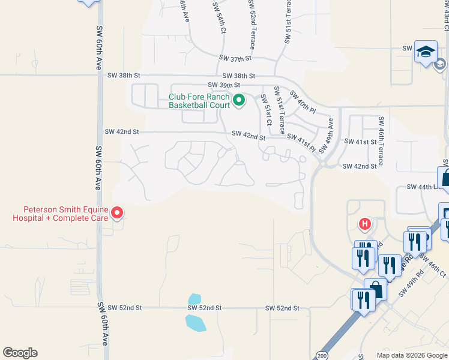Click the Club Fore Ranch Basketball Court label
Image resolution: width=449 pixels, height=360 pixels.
pos(199,101)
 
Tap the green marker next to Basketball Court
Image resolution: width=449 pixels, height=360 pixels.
pos(239,100)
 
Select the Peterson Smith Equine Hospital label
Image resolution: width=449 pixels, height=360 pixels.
pos(61,214)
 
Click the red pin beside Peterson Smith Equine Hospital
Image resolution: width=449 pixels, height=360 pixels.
pos(118,212)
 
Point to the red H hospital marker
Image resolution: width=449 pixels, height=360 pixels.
pos(364,225)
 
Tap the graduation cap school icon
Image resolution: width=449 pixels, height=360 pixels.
pos(426,52)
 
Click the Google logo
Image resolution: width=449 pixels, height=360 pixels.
pos(20,353)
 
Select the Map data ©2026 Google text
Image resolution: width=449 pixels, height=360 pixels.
pos(411,355)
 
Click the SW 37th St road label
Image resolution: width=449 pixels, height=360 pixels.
pos(235,58)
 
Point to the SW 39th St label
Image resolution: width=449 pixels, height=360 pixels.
pos(223,85)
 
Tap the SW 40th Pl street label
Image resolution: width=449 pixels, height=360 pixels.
pos(303,101)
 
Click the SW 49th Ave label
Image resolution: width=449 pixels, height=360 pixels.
pos(330,130)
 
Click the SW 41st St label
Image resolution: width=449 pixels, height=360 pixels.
pos(360,142)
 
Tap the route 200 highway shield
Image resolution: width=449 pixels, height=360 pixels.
pos(322,354)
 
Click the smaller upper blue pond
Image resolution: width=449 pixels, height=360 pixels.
pos(194,299)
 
